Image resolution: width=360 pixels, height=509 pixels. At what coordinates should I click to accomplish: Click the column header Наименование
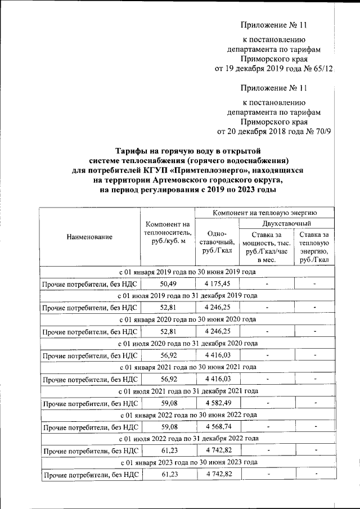click(89, 237)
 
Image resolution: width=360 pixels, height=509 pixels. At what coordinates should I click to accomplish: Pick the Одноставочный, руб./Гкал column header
click(217, 242)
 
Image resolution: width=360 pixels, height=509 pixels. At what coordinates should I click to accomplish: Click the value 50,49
click(168, 283)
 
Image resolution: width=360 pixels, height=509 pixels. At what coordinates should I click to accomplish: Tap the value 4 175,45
click(217, 283)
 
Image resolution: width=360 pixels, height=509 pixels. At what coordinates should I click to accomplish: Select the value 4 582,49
click(217, 403)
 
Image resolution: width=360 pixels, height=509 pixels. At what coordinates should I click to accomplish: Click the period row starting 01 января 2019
click(187, 272)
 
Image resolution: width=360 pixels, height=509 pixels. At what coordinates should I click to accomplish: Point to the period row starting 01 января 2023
click(187, 462)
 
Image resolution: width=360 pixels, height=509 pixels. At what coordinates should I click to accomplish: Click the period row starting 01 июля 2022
click(187, 438)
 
